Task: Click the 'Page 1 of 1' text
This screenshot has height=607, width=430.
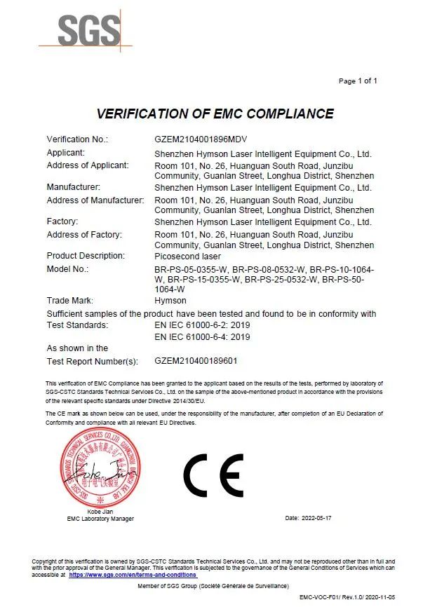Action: pyautogui.click(x=358, y=81)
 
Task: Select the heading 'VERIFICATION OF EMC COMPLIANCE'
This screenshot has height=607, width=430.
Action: pyautogui.click(x=215, y=114)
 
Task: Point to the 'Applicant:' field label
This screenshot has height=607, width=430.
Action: pyautogui.click(x=66, y=153)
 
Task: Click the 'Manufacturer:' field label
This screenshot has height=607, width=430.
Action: pyautogui.click(x=74, y=187)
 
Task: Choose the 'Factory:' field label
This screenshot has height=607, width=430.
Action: pyautogui.click(x=62, y=221)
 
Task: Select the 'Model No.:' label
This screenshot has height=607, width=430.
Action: pyautogui.click(x=68, y=269)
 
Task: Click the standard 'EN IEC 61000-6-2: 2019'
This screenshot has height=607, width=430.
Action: pyautogui.click(x=202, y=325)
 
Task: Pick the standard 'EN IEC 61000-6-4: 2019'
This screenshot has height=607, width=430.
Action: pyautogui.click(x=202, y=337)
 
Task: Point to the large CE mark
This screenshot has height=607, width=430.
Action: pyautogui.click(x=214, y=475)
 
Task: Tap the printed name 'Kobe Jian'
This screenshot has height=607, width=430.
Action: pyautogui.click(x=100, y=512)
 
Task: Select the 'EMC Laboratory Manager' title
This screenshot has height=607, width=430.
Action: pyautogui.click(x=100, y=519)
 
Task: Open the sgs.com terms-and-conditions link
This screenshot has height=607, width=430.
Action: pyautogui.click(x=133, y=574)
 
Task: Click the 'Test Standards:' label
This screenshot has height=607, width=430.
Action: pyautogui.click(x=77, y=325)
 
